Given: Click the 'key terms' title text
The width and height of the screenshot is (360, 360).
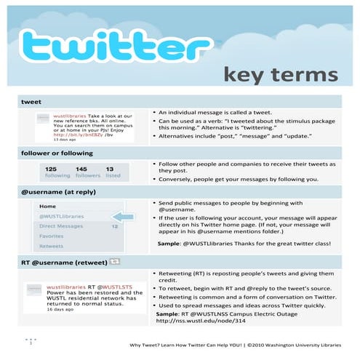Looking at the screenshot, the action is coord(281,74).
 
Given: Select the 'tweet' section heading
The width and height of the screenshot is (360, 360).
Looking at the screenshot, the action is coord(32,103).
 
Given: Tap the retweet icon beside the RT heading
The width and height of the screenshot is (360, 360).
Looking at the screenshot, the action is coord(116,260).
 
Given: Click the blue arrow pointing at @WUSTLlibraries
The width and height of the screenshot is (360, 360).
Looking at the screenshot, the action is coord(124,217).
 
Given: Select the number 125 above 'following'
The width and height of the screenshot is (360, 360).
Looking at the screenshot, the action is coord(51,169).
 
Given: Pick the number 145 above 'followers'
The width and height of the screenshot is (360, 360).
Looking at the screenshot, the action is coord(81,169).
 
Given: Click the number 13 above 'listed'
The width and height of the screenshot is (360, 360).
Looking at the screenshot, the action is coord(110,169).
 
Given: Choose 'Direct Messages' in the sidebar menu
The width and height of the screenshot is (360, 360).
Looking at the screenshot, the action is coord(61,227).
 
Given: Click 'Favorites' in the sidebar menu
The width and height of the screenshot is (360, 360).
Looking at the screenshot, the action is coord(51,236).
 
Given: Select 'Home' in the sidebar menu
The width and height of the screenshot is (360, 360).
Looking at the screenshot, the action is coord(47,207).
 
